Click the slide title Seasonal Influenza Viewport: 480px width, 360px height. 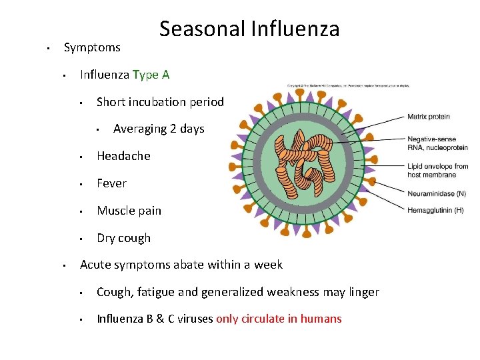pos(249,29)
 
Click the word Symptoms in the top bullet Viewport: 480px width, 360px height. pos(92,47)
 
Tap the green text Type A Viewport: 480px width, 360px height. pos(151,75)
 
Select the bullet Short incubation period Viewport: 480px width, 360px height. pos(160,102)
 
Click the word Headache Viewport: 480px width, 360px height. pos(123,156)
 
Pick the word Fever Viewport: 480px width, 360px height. pos(111,183)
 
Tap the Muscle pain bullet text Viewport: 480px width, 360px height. pos(129,211)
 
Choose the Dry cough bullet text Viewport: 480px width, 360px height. pos(123,238)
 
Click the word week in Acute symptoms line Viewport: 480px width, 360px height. pos(269,265)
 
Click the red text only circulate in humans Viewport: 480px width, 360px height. pos(279,319)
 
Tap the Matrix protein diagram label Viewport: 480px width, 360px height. pos(429,117)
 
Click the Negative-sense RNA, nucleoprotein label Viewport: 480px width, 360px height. pos(437,143)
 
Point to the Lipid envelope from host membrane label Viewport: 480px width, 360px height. pos(437,171)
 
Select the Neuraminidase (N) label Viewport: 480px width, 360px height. pos(437,194)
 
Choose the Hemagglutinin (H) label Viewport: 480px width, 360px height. pos(435,211)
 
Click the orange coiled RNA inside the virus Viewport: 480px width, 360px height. pos(307,160)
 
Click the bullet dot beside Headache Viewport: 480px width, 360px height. pos(80,157)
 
